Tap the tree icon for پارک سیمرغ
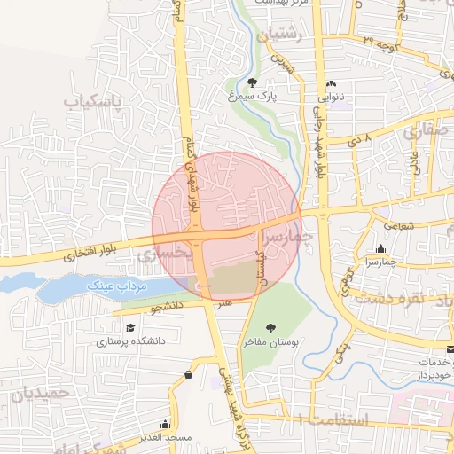click(252, 82)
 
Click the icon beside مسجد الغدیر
click(165, 424)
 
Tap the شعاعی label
click(399, 225)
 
